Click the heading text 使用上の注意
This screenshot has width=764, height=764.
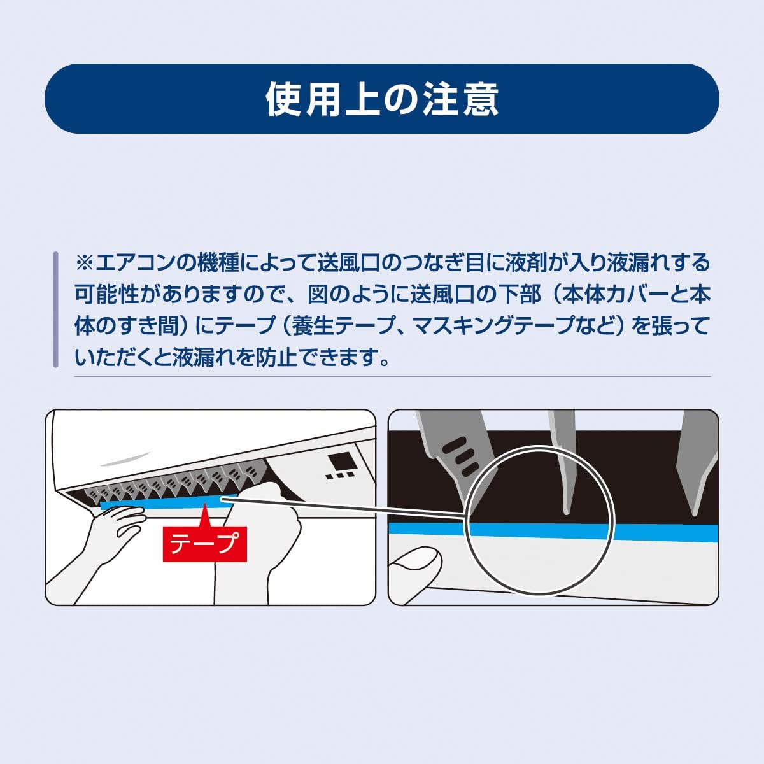click(x=382, y=99)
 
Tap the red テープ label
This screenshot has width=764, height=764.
click(x=204, y=544)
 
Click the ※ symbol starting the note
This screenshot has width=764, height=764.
click(x=84, y=263)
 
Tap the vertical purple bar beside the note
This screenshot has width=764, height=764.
click(x=56, y=309)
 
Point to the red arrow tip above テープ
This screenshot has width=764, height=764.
click(x=204, y=504)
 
